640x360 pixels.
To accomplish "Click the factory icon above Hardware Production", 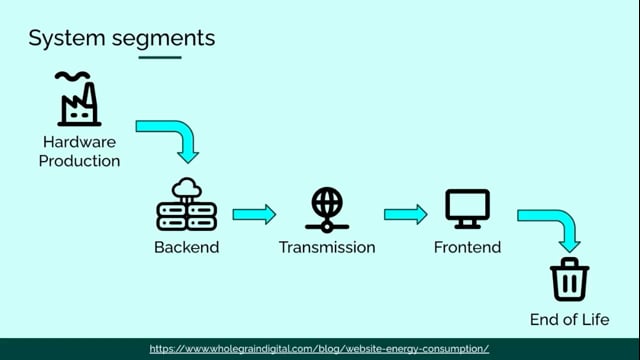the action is (79, 99).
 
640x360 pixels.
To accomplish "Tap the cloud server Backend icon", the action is (187, 204).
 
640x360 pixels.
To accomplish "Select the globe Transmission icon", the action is (327, 210).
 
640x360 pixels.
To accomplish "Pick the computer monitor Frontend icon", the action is (467, 209).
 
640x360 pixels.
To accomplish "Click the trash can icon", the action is (569, 280).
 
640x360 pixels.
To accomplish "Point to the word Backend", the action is (187, 247).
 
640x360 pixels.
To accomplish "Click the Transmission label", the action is (327, 247).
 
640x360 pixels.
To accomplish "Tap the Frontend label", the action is (467, 247).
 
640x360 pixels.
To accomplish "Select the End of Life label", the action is (569, 320).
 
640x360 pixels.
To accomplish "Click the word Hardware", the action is (79, 142).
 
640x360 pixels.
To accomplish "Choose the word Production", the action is (79, 161).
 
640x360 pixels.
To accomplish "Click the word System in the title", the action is (67, 39).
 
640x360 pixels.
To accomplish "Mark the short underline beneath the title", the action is (160, 58).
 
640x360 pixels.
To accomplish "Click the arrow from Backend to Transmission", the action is (254, 214).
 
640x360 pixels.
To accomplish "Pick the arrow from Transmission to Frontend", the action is (406, 214).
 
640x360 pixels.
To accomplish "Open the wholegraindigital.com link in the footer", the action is (319, 349).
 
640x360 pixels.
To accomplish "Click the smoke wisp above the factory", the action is (73, 75).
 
